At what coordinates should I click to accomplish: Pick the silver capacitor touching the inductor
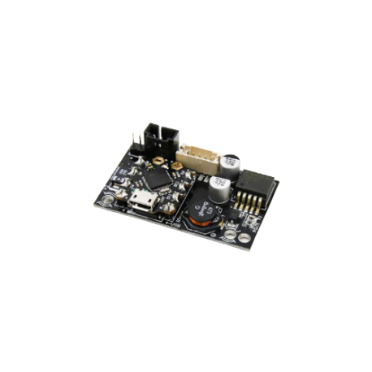click(x=218, y=189)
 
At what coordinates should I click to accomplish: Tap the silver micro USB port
click(x=145, y=202)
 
